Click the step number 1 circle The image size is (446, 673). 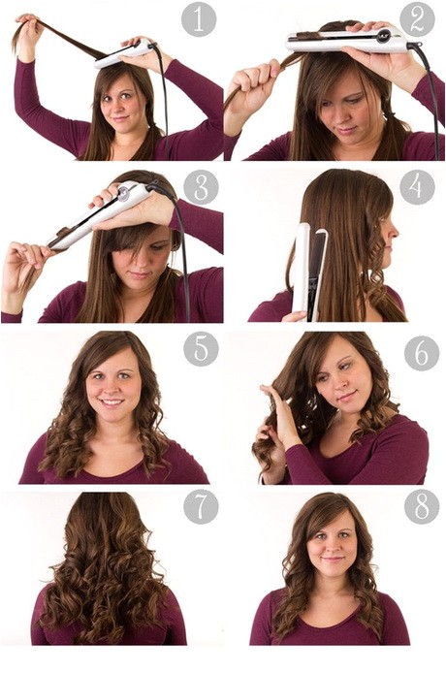(199, 19)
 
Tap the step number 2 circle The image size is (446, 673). (417, 19)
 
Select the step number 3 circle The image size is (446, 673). (201, 187)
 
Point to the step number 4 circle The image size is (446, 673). (417, 187)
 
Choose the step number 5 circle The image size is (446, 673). (201, 349)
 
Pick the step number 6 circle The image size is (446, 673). (422, 353)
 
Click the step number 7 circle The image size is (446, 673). (201, 506)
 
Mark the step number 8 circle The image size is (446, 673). (422, 506)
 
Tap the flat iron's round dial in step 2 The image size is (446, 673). (383, 36)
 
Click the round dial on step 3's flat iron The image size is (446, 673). (124, 194)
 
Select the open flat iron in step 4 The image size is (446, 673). (309, 272)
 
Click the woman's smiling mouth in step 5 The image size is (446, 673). (112, 402)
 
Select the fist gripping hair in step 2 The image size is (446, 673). (252, 89)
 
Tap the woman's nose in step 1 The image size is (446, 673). (118, 105)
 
